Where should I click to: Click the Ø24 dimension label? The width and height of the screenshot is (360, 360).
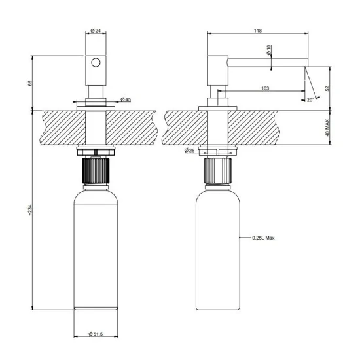click(x=96, y=30)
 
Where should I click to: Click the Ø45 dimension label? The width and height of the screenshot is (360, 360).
click(x=125, y=100)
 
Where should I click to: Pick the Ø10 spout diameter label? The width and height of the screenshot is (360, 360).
click(x=269, y=50)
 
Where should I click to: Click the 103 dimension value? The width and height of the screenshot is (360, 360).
click(x=265, y=88)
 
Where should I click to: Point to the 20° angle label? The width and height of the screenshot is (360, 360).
click(x=310, y=99)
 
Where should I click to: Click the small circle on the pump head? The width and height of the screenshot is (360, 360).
click(x=96, y=63)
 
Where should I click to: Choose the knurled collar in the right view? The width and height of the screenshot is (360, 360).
click(x=219, y=172)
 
